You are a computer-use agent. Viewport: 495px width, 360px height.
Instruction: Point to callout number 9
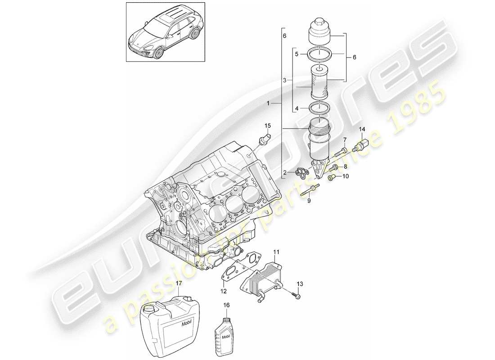tap(309, 201)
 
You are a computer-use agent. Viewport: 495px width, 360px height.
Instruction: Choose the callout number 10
tap(345, 177)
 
